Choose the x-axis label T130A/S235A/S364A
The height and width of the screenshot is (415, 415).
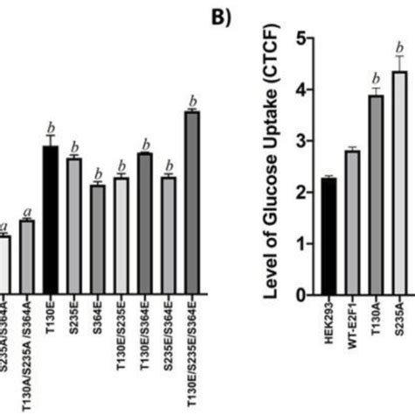pyautogui.click(x=27, y=350)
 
